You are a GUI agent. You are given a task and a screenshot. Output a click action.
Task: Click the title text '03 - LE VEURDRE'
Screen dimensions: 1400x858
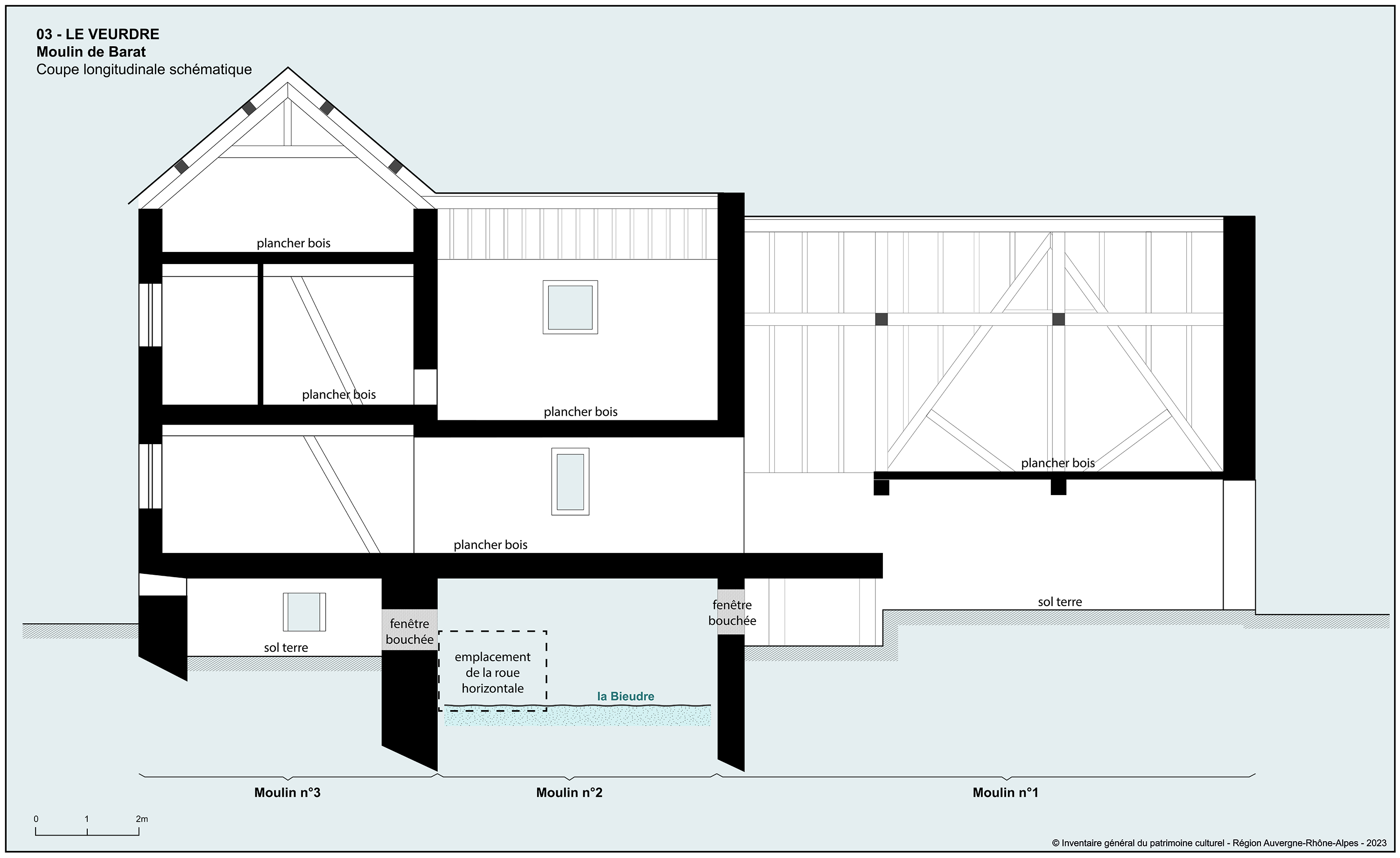tap(98, 34)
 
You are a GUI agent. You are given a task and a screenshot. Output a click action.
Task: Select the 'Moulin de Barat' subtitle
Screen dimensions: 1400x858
tap(91, 52)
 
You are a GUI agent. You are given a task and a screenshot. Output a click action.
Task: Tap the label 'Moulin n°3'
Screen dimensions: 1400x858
tap(287, 792)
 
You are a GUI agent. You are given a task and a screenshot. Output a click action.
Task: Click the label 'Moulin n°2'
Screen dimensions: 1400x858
tap(569, 792)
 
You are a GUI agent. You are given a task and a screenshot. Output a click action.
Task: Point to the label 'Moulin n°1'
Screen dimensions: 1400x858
tap(1005, 792)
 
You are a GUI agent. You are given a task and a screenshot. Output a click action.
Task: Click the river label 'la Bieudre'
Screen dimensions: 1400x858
tap(626, 696)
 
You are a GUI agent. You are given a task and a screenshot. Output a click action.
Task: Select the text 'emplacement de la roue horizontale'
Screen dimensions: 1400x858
tap(493, 672)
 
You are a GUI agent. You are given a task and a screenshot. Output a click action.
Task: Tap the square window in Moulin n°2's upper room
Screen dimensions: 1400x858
tap(570, 307)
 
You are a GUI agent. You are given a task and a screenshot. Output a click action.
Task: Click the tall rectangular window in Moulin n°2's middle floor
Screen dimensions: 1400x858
tap(570, 482)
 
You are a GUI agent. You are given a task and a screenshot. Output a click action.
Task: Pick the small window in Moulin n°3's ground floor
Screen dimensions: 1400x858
tap(304, 612)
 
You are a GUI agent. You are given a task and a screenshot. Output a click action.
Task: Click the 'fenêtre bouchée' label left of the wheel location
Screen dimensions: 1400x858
tap(410, 631)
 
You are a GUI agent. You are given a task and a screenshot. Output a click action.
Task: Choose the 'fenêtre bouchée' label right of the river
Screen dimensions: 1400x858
tap(732, 613)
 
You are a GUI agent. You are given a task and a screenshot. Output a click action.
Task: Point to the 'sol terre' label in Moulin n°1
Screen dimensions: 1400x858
tap(1060, 602)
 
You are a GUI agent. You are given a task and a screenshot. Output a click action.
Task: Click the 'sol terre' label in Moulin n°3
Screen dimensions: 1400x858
tap(286, 647)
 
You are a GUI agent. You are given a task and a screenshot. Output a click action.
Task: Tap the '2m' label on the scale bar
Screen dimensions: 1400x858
tap(141, 819)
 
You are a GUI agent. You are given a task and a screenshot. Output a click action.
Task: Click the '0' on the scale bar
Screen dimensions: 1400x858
tap(36, 819)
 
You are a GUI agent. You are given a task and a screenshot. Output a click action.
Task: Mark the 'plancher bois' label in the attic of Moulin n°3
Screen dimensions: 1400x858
tap(293, 243)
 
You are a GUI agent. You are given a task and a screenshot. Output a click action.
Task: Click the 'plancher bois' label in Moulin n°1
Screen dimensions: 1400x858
tap(1057, 463)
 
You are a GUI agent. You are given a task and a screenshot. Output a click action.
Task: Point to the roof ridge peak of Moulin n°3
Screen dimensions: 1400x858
tap(288, 68)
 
